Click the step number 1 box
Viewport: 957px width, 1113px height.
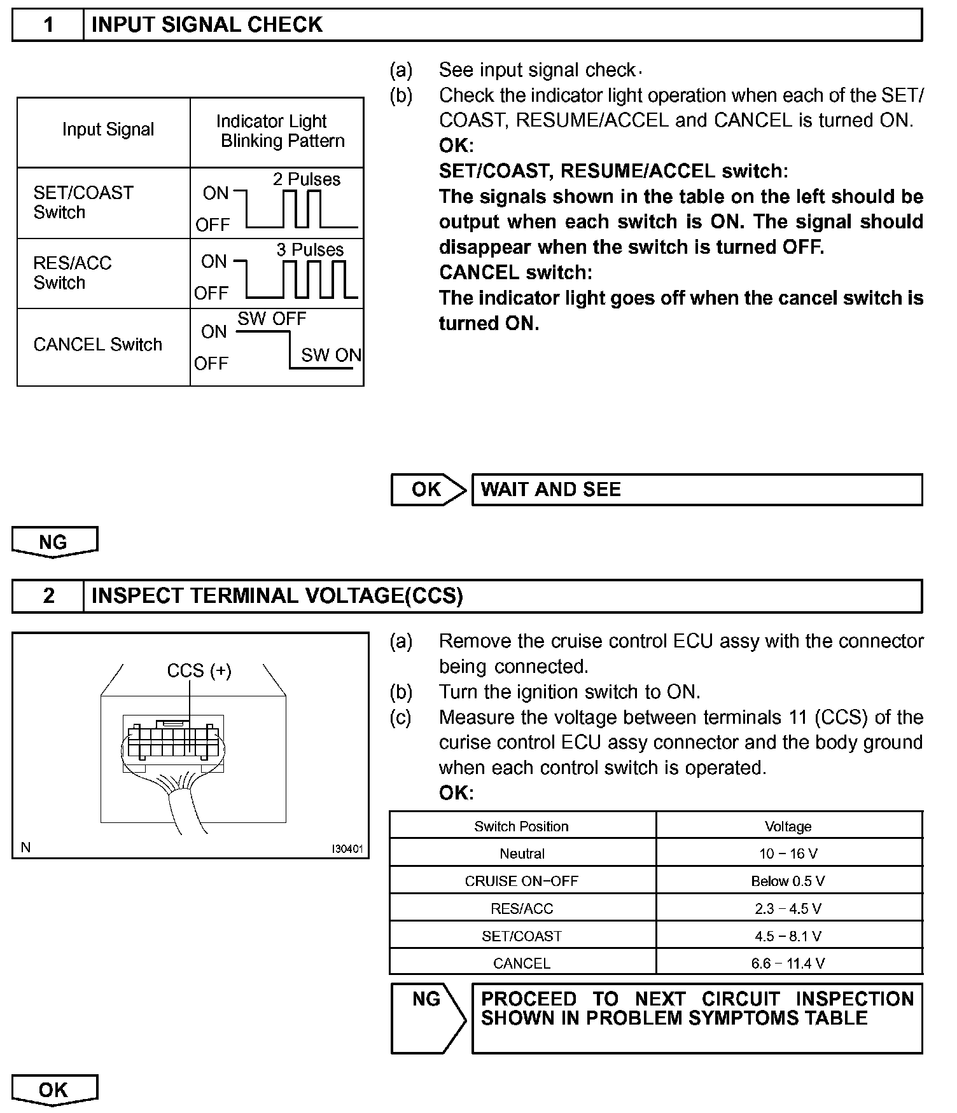point(48,25)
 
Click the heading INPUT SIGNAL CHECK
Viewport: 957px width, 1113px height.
point(207,25)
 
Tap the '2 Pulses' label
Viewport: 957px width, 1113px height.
point(307,179)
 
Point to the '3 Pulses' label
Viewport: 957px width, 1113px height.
point(310,250)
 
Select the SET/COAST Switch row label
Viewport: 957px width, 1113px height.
point(83,202)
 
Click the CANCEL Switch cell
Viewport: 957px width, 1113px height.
point(98,345)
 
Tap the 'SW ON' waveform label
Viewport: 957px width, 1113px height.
point(331,355)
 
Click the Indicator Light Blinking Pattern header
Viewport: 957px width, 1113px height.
point(277,131)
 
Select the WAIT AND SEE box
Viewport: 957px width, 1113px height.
point(697,490)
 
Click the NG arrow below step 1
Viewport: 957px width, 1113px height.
point(54,542)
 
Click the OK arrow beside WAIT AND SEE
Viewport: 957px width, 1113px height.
point(428,490)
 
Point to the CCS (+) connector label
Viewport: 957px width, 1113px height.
point(199,671)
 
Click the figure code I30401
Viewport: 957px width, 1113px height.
point(347,849)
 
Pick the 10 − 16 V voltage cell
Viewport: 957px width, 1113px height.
point(788,854)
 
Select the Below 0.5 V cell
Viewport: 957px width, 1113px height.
point(788,881)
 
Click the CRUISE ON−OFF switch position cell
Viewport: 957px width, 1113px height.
point(522,881)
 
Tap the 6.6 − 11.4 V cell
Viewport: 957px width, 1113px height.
point(788,964)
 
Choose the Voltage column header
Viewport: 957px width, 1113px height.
point(788,826)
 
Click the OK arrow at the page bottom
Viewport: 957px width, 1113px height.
point(54,1090)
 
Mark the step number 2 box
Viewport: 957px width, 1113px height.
point(48,596)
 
